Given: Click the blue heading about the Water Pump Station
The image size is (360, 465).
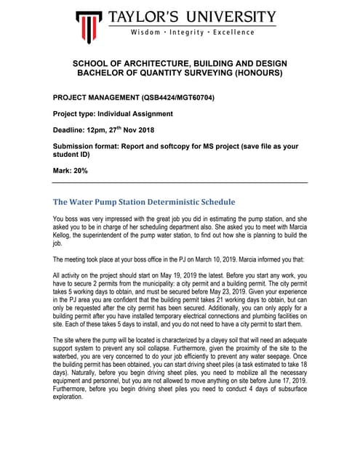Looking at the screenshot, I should tap(144, 202).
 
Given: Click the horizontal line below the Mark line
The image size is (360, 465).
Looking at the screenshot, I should tap(180, 182).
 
